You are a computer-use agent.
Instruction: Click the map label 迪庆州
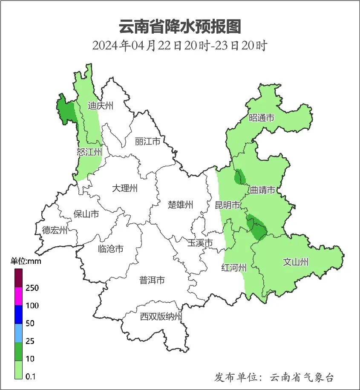coord(101,106)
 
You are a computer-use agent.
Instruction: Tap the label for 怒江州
coord(89,152)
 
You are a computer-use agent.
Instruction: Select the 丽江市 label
coord(147,141)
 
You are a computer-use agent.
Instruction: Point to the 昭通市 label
coord(261,118)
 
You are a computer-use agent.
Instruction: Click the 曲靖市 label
coord(262,190)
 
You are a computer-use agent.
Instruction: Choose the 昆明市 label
coord(228,205)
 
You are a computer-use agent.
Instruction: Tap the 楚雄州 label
coord(180,205)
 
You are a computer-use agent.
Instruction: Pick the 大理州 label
coord(125,188)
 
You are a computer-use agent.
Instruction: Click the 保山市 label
coord(86,214)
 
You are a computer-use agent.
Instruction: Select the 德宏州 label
coord(55,231)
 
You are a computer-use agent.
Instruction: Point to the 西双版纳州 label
coord(161,317)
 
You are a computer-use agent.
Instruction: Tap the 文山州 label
coord(296,262)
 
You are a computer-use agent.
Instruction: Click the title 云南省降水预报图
coord(180,26)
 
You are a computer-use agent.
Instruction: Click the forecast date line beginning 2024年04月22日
coord(180,46)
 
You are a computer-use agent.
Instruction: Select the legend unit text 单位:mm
coord(26,261)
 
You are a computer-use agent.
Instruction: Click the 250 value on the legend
coord(32,288)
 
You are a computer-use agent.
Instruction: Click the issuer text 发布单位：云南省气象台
coord(274,377)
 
